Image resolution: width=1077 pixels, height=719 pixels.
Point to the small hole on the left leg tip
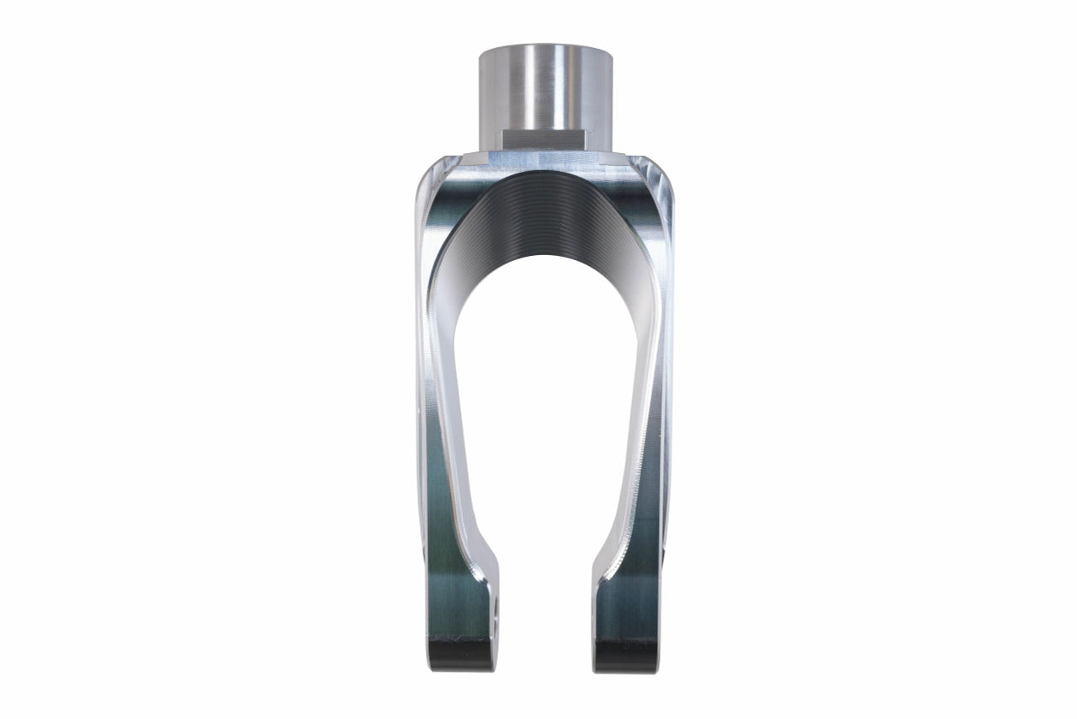494,605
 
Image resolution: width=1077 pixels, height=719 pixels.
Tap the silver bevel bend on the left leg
471,539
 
